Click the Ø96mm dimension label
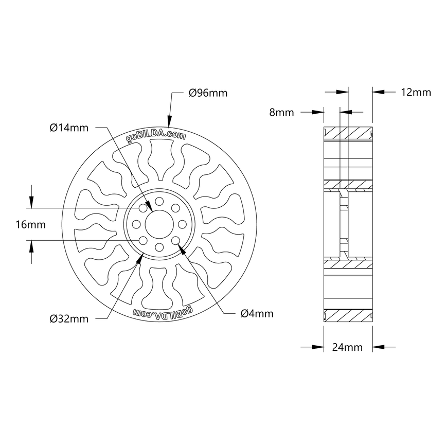[208, 93]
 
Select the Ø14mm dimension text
[69, 128]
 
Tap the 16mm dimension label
[31, 225]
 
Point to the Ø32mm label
[69, 319]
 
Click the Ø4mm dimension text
[257, 313]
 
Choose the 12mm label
[415, 93]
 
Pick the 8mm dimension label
[281, 112]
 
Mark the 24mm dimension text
[347, 347]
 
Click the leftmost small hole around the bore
[136, 224]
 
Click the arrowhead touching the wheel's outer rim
[170, 121]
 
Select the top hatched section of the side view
[347, 132]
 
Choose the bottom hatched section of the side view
[347, 315]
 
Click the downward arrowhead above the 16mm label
[32, 203]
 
